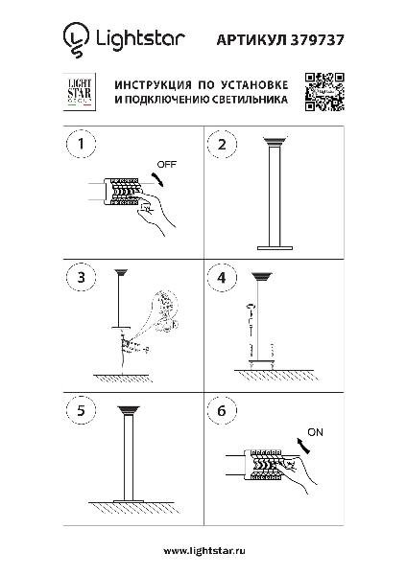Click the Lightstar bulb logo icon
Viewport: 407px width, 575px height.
coord(76,39)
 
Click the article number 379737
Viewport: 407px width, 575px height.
coord(318,39)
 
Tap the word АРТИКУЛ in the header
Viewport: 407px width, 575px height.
coord(251,40)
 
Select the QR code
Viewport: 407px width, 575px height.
coord(324,92)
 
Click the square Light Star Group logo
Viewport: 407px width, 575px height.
coord(80,92)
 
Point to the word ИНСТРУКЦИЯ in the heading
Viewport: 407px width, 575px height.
coord(153,85)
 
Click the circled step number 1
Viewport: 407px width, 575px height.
coord(81,144)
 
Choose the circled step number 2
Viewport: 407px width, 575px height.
coord(222,144)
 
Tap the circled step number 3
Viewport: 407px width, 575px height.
coord(81,277)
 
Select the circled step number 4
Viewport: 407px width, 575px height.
coord(222,278)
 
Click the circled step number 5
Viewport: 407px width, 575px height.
coord(81,410)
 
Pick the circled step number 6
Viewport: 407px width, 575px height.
coord(222,411)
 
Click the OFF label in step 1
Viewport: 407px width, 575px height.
coord(166,164)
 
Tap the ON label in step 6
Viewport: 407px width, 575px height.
coord(315,432)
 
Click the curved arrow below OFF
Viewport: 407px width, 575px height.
coord(159,178)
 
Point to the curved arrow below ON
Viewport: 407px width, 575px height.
coord(303,445)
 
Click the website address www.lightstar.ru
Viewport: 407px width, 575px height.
coord(204,551)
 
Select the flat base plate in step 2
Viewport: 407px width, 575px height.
coord(275,248)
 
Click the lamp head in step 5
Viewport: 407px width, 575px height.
coord(129,410)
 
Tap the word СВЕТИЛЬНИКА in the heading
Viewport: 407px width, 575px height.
coord(250,100)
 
